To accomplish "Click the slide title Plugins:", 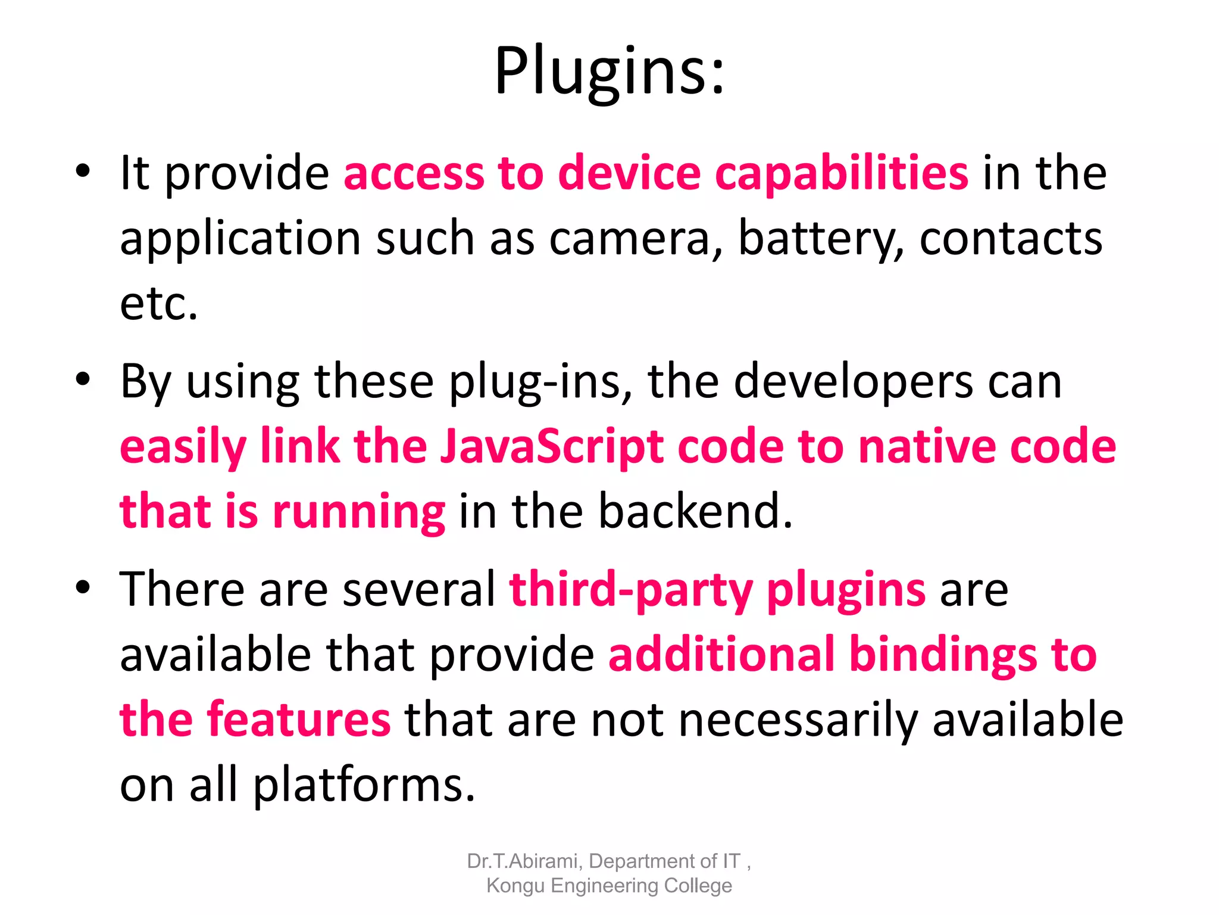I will click(x=609, y=71).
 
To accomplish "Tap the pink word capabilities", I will click(x=841, y=174).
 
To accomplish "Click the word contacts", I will click(x=1011, y=239).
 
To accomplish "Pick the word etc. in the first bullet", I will click(x=158, y=304).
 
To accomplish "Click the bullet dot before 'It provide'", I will click(x=83, y=171).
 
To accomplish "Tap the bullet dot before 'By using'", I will click(x=83, y=379).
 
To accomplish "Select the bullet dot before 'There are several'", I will click(x=83, y=587).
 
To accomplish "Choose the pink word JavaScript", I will click(x=552, y=447).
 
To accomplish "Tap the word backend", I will click(x=695, y=511).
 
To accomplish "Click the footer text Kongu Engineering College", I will click(x=609, y=886).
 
